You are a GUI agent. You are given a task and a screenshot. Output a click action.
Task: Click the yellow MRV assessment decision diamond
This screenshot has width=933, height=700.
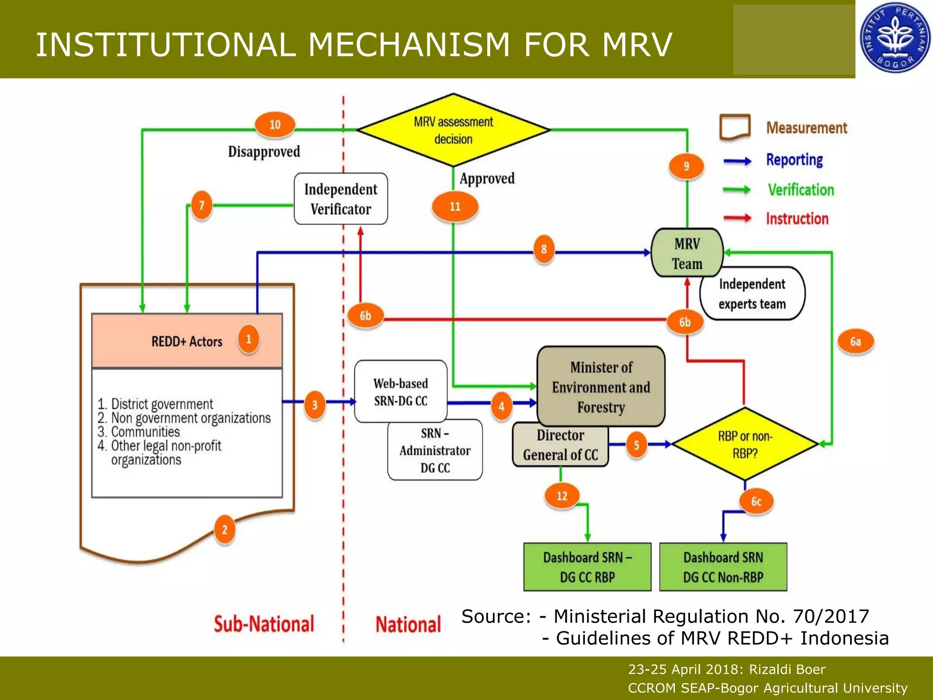coord(453,130)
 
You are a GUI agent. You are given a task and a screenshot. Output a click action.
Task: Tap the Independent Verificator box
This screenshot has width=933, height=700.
coord(341,199)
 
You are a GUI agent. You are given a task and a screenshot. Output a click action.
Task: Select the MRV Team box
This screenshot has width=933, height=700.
coord(687,253)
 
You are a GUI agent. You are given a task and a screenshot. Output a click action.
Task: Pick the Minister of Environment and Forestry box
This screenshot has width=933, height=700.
coord(601,386)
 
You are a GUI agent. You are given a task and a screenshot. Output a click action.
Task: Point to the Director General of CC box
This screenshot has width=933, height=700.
coord(560,445)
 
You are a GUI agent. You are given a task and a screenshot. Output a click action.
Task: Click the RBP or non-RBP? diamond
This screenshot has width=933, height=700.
coord(745,444)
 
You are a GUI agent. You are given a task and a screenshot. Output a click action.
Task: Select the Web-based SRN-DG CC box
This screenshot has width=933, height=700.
coord(400,392)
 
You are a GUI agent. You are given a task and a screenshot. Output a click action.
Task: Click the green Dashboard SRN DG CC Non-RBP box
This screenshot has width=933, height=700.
coord(723,567)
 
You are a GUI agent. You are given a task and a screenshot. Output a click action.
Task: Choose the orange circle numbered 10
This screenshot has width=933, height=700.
coord(275,124)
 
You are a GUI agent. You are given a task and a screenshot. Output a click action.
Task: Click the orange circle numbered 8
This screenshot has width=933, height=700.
coord(543,249)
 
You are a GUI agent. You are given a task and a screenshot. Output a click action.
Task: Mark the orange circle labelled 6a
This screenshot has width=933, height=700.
coord(856,342)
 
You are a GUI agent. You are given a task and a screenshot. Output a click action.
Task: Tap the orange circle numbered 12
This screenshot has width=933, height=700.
coord(562,496)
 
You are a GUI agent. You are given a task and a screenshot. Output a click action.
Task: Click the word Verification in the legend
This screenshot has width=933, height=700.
coord(801,190)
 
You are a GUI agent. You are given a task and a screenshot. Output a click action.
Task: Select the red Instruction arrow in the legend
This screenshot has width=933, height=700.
coord(738,218)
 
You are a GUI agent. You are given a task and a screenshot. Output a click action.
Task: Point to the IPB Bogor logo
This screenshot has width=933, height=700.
coord(895,38)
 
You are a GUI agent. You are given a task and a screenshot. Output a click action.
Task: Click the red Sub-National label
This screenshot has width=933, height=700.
coord(264,624)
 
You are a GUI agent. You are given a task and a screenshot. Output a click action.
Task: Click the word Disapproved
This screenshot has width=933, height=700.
coord(264,151)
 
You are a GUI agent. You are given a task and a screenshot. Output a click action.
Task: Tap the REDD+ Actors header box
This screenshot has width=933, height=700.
coord(187,341)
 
